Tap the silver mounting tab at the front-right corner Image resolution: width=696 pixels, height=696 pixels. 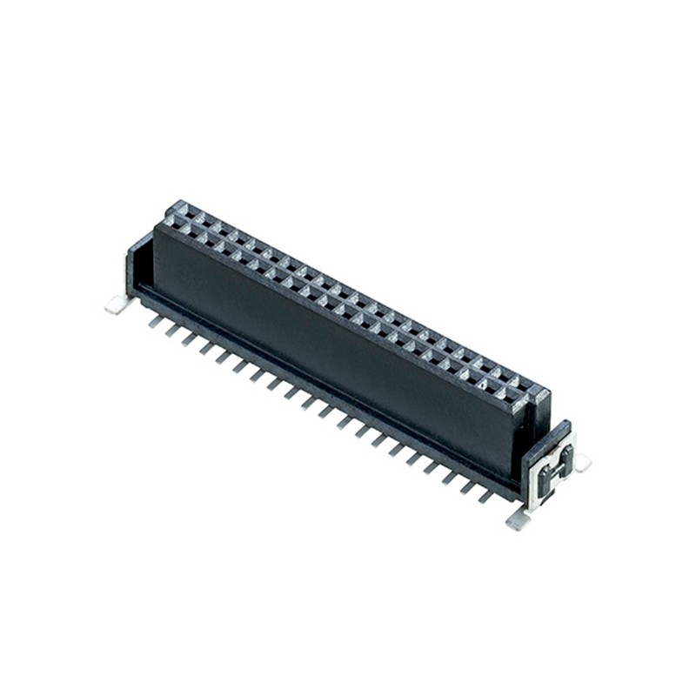[518, 519]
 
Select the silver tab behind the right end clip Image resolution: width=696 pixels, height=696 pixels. [581, 462]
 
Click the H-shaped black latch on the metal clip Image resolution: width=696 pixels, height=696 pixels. [553, 471]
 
